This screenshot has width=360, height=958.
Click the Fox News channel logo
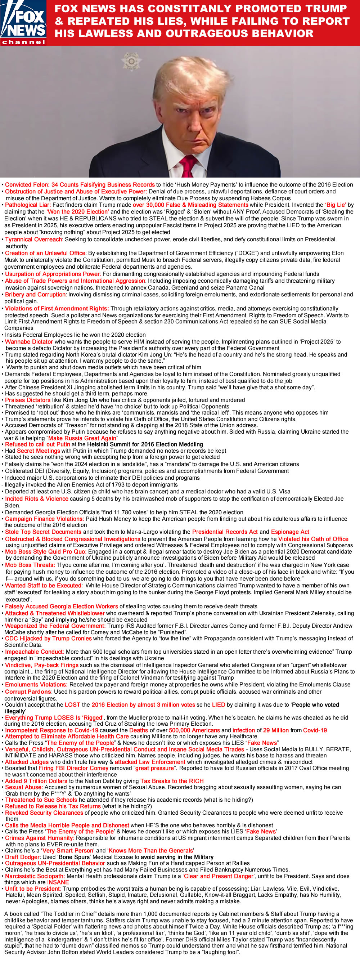point(23,23)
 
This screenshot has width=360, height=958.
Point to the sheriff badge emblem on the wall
point(131,61)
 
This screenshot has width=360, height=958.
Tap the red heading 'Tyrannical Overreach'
point(33,239)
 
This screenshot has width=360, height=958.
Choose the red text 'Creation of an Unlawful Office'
point(45,253)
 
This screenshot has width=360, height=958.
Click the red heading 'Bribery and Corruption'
point(35,295)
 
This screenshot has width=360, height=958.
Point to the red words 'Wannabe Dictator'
point(29,342)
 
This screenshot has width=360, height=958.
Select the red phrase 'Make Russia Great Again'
point(82,438)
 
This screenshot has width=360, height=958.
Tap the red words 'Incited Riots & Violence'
point(36,499)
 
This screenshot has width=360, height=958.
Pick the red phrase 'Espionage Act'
point(290,532)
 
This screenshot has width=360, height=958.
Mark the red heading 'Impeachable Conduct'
point(34,652)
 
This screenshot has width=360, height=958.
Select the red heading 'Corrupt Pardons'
point(28,691)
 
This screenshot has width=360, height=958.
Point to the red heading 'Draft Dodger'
point(23,857)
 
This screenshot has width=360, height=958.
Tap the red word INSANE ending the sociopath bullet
point(58,882)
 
